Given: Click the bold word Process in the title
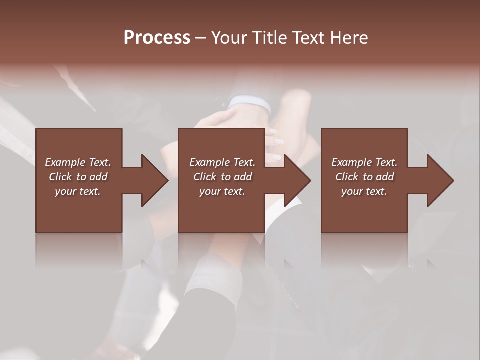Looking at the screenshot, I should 157,38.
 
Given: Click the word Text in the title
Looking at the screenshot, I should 308,38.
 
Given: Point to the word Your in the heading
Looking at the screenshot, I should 230,38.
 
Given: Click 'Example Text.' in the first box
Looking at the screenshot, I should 78,162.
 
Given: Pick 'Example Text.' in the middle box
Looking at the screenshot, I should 222,162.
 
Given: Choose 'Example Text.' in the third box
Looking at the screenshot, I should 364,162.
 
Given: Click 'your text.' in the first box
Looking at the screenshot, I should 78,191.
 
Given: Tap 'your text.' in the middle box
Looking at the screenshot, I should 222,191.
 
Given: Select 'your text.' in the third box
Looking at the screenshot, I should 364,191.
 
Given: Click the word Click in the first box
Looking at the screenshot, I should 60,177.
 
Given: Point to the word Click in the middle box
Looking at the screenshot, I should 205,177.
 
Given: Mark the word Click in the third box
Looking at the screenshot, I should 347,177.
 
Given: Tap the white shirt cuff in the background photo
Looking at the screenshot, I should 249,103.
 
